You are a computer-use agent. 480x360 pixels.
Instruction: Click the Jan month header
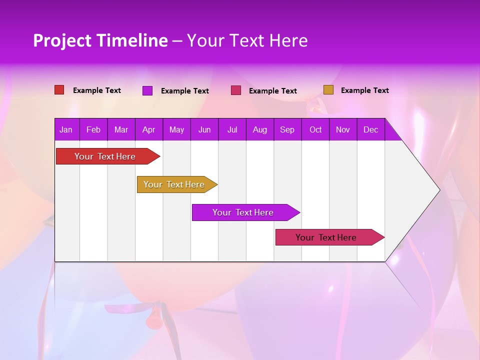click(x=66, y=129)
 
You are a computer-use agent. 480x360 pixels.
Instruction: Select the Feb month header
click(x=93, y=129)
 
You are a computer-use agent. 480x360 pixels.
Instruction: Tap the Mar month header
click(x=121, y=129)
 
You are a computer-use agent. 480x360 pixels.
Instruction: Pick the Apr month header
click(x=149, y=129)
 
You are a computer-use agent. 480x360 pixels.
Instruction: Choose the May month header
click(x=176, y=129)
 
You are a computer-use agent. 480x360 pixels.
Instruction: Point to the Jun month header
click(x=204, y=129)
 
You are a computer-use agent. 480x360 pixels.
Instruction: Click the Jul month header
click(x=232, y=129)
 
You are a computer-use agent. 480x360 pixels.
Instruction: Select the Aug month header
click(x=260, y=129)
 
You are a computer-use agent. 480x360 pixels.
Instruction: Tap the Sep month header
click(x=287, y=129)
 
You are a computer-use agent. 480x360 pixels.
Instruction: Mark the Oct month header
click(x=315, y=129)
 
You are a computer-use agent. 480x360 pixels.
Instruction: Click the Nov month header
click(x=343, y=129)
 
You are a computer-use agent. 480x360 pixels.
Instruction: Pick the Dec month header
click(x=371, y=129)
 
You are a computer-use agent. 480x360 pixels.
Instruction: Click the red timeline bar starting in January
click(x=105, y=156)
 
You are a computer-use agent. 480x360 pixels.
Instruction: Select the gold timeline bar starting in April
click(x=174, y=184)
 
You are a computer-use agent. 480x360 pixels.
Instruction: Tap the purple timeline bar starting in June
click(x=243, y=212)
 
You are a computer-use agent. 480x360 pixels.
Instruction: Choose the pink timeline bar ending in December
click(x=326, y=237)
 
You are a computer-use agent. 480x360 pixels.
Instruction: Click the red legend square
click(x=59, y=90)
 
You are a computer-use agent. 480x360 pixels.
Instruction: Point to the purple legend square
click(x=147, y=90)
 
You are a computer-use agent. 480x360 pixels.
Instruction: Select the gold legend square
click(x=328, y=90)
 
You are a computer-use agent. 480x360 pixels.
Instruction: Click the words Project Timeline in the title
click(x=100, y=40)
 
